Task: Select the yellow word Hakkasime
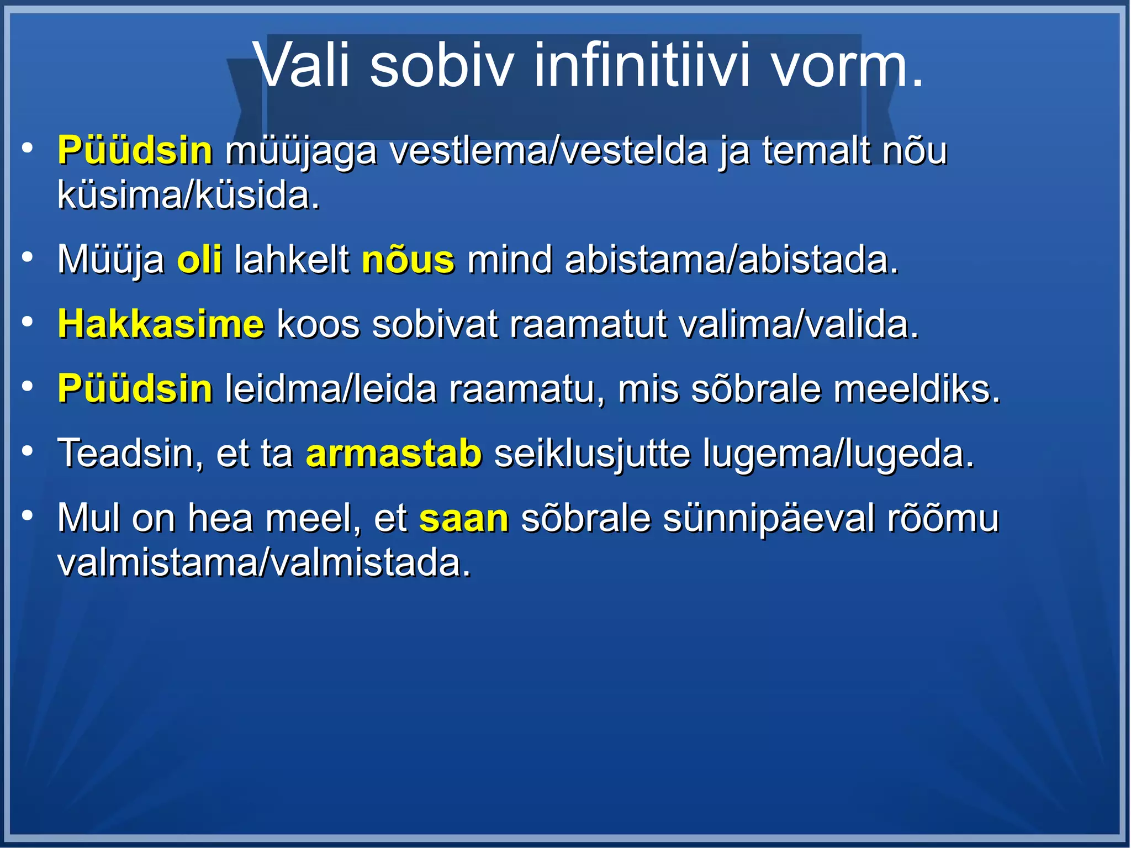pos(161,324)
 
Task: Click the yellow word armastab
pos(394,454)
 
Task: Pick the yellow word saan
pos(463,519)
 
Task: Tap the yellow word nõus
pos(408,260)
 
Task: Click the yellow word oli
pos(199,260)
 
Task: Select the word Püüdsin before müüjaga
pos(135,150)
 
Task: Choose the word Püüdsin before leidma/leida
pos(135,389)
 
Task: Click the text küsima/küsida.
pos(188,196)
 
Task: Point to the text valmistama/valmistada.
pos(264,563)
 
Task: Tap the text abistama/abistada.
pos(732,260)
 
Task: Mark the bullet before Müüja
pos(27,257)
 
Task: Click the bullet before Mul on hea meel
pos(27,516)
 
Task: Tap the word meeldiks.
pos(917,389)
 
